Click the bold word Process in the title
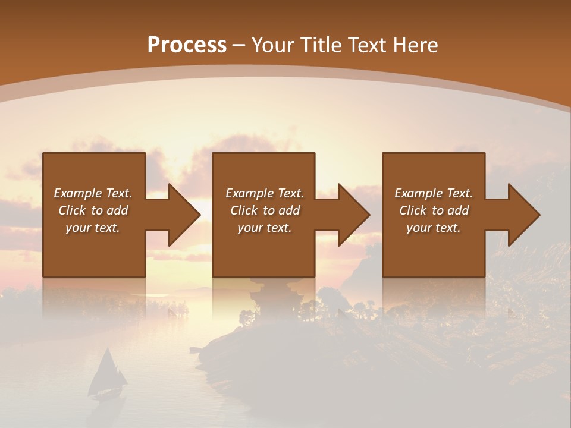[187, 45]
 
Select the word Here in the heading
[416, 45]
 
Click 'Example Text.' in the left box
[93, 193]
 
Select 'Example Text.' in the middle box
[265, 193]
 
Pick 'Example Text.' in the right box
[434, 193]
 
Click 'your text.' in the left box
[93, 228]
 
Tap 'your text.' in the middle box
[265, 228]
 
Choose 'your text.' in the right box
[434, 228]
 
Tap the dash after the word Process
[238, 45]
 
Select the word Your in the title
[273, 45]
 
